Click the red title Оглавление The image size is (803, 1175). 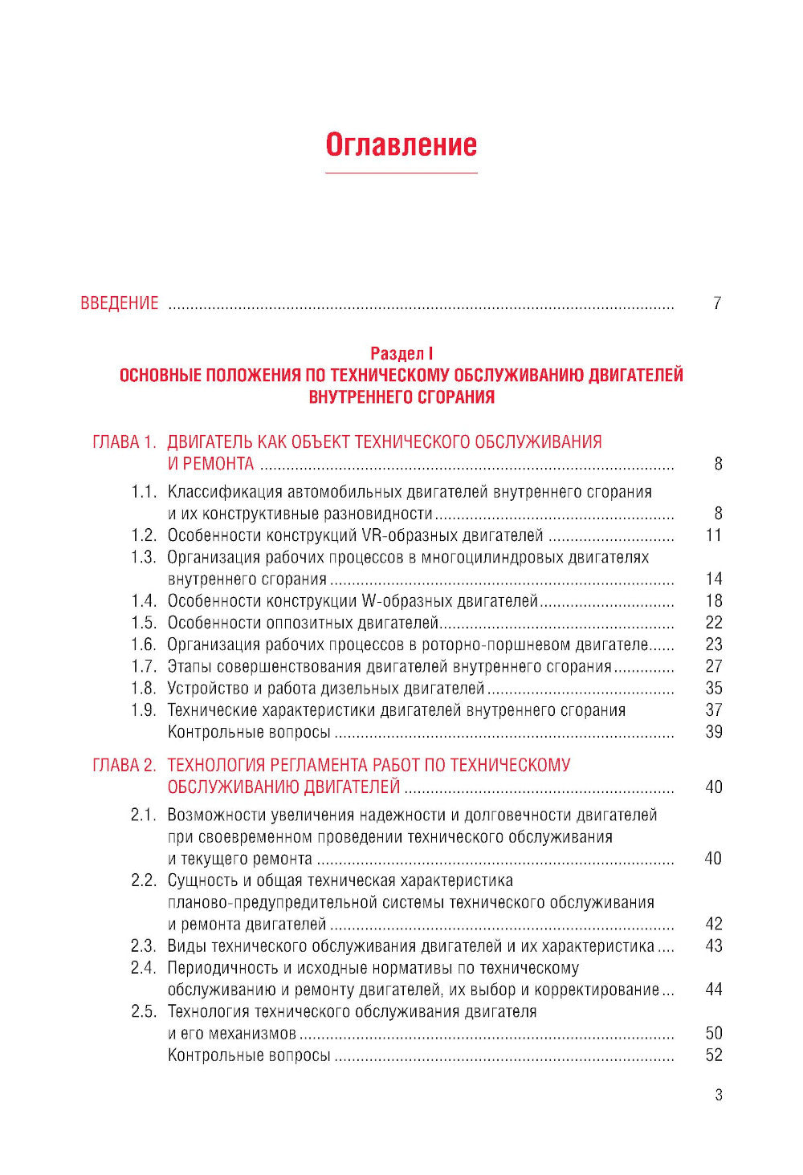point(401,145)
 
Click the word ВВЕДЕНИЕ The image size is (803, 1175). point(120,303)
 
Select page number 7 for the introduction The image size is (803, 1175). point(717,303)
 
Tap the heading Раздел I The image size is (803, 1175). point(401,353)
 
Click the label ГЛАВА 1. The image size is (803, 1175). point(124,442)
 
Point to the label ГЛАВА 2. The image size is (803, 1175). point(124,766)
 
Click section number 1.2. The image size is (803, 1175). point(144,535)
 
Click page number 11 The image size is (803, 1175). point(714,535)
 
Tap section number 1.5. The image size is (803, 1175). point(144,623)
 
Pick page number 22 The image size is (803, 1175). point(714,623)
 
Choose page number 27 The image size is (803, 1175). point(714,666)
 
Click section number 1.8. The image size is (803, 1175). point(144,689)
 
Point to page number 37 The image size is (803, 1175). point(714,710)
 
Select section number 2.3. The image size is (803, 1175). point(144,946)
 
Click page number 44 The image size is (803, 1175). point(714,990)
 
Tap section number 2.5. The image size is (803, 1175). point(144,1012)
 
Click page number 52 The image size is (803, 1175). point(714,1055)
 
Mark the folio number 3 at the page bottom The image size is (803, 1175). point(719,1096)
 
